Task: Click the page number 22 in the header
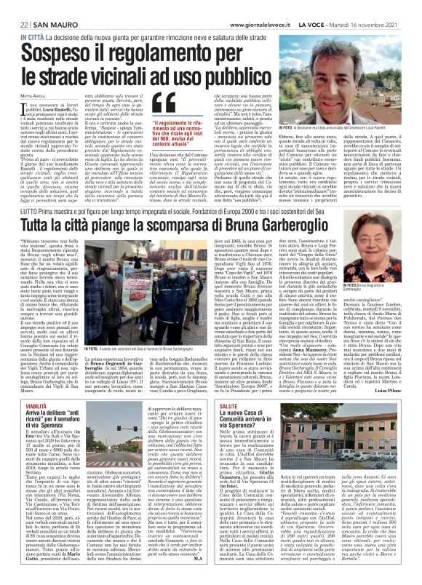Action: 15,7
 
